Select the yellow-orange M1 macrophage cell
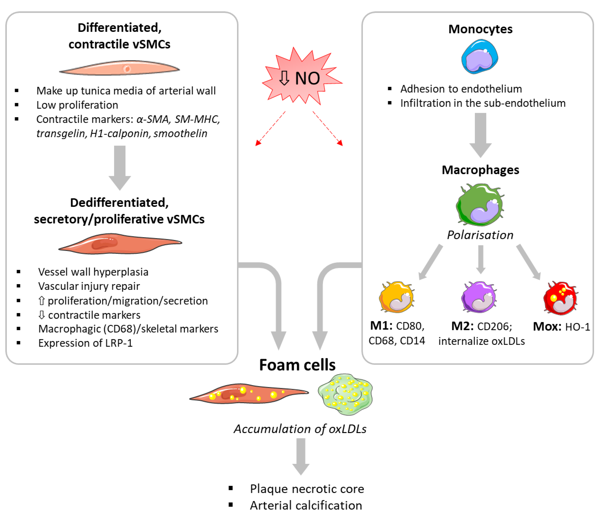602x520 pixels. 397,297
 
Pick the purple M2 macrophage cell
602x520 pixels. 479,297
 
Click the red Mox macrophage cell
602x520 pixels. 560,298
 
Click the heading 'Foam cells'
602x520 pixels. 297,365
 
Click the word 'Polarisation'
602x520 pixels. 480,235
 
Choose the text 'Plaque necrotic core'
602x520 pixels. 307,489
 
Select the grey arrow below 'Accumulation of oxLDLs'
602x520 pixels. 301,456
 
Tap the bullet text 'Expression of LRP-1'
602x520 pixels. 85,343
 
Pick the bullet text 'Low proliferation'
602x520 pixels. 77,105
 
